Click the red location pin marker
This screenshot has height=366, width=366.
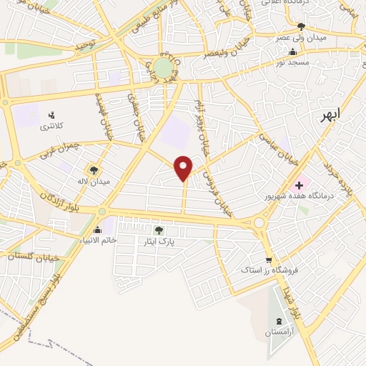pos(184,168)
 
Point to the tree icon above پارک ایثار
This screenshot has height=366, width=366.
pos(159,230)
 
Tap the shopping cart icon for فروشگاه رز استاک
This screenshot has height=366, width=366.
pos(268,260)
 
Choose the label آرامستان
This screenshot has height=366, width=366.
pos(278,332)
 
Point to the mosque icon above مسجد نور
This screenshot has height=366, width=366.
pos(292,51)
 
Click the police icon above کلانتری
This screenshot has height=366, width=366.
pos(51,114)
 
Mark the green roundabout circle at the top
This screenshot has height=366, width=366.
pos(164,67)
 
